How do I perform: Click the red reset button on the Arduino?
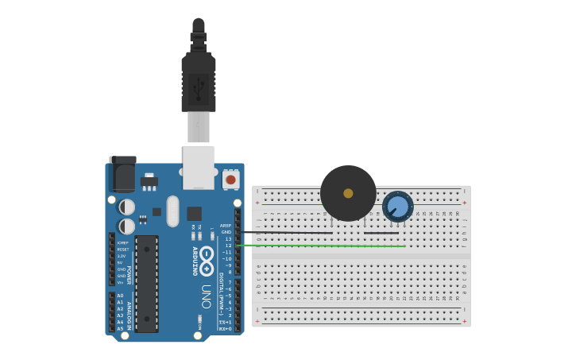point(230,180)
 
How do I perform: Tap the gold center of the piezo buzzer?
point(348,193)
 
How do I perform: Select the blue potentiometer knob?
point(398,207)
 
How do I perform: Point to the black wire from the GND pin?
point(318,233)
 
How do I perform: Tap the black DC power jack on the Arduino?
point(122,175)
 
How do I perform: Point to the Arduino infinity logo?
point(207,259)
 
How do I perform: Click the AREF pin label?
point(226,225)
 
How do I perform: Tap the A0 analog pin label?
point(120,296)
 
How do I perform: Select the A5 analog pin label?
point(120,328)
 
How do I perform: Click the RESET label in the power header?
point(122,250)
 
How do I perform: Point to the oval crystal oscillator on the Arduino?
point(173,211)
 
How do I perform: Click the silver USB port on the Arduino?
point(199,167)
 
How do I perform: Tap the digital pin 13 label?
point(228,238)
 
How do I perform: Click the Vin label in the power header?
point(121,282)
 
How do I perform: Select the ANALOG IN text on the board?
point(129,312)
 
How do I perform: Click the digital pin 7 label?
point(230,282)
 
